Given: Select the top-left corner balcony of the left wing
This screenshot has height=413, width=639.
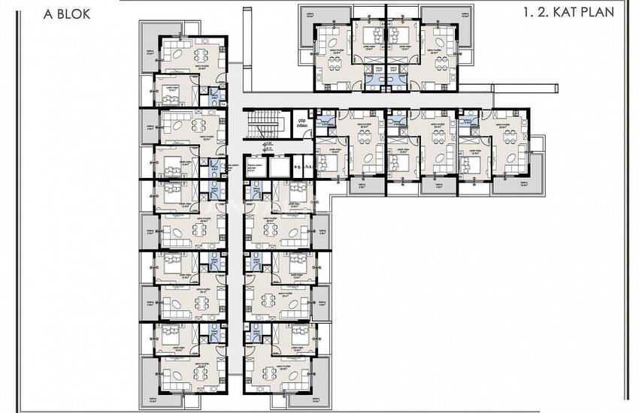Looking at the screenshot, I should pos(150,48).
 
